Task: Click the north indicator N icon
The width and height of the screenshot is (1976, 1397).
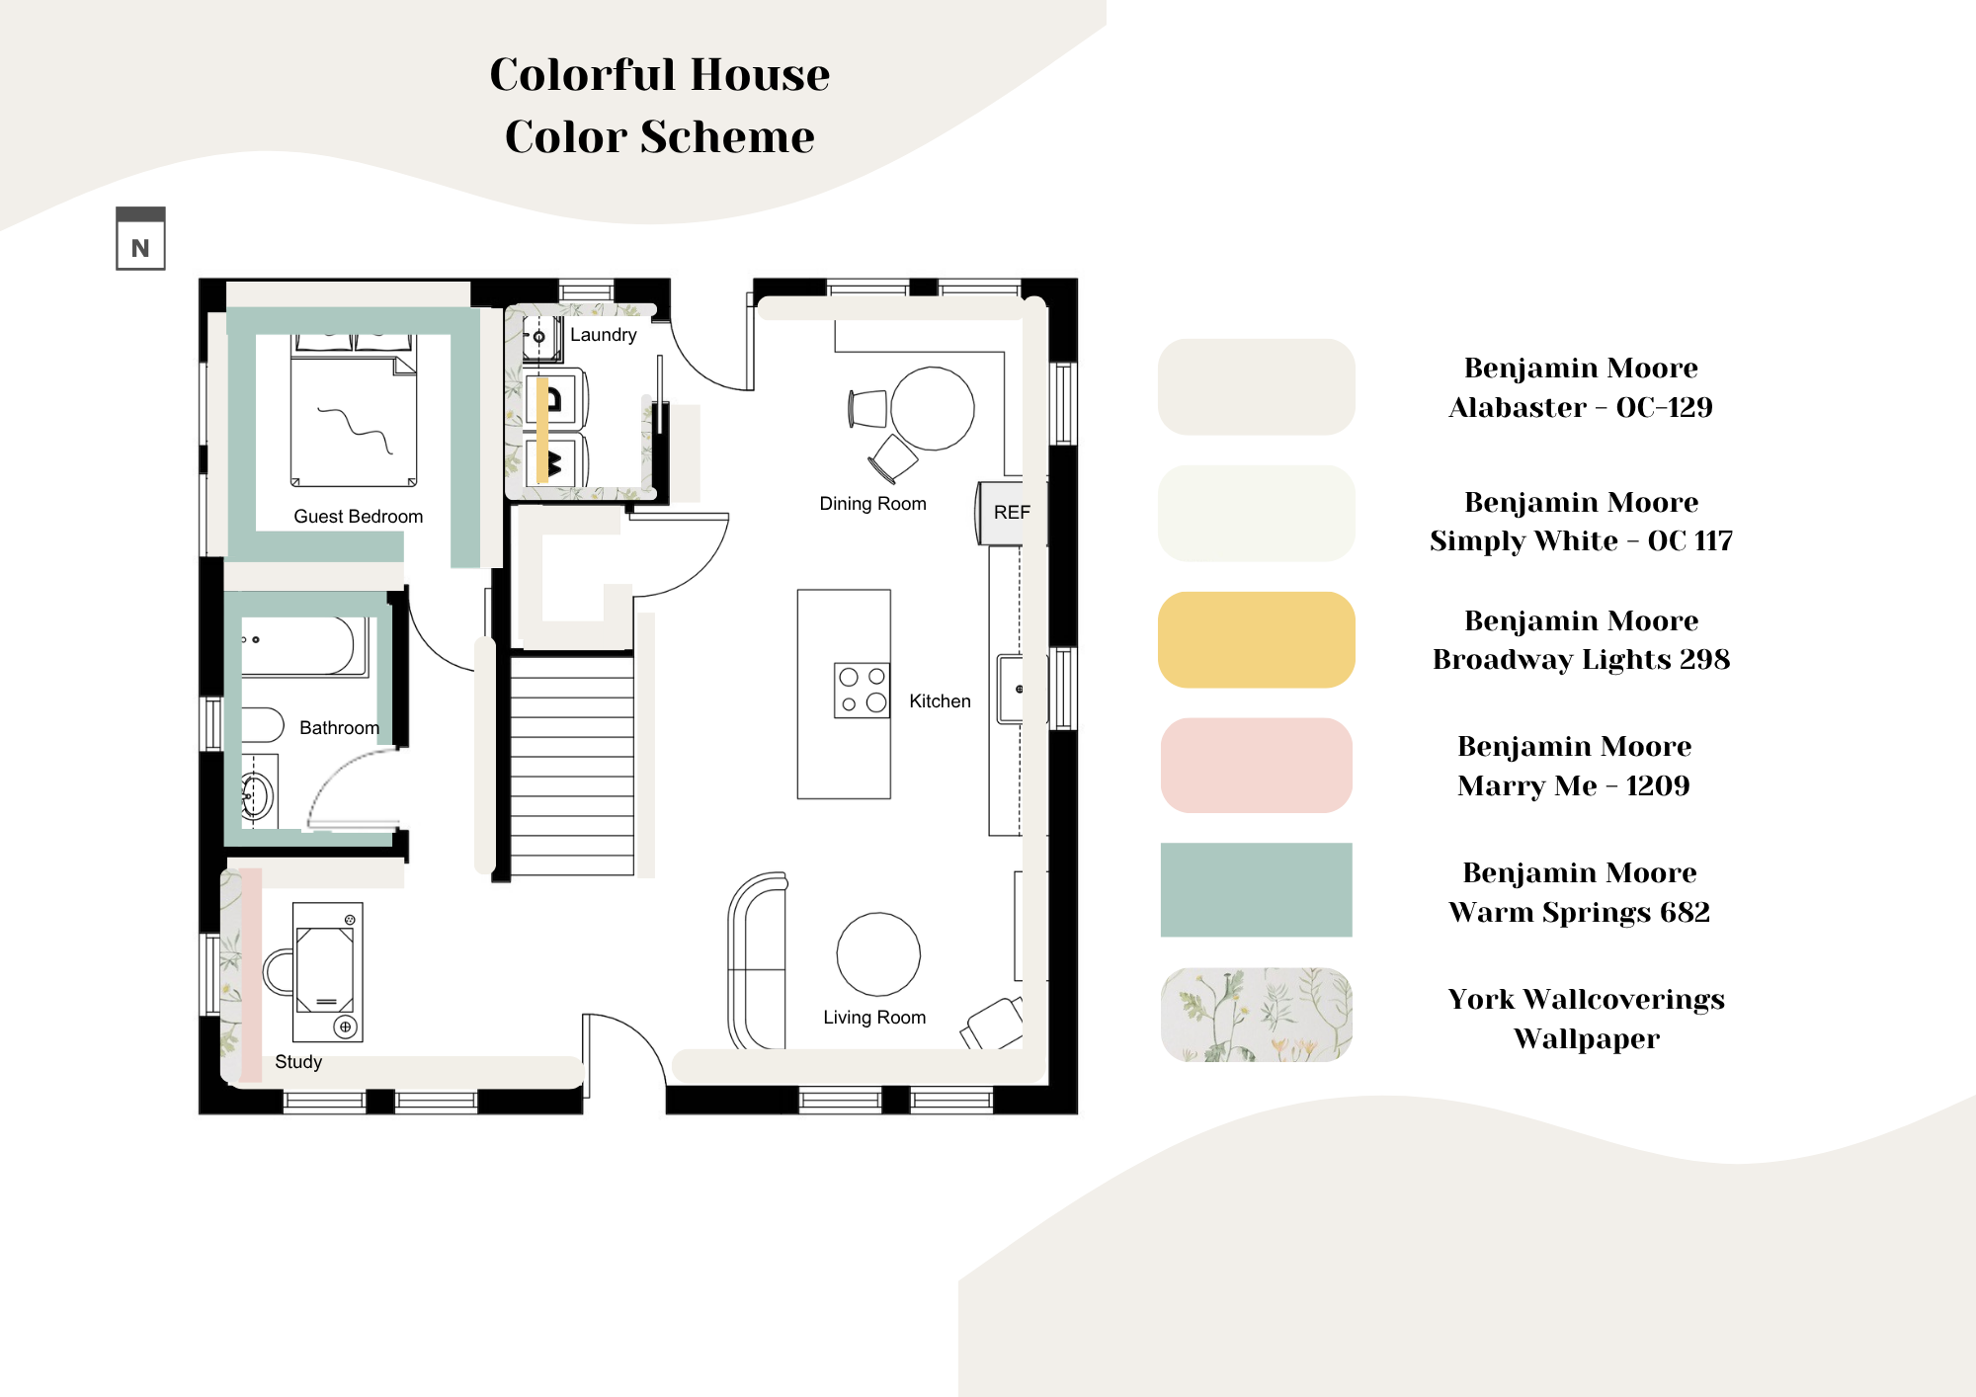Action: point(140,238)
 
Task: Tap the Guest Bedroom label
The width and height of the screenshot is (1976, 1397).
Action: point(358,516)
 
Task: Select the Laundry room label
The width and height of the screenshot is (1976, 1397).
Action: point(603,335)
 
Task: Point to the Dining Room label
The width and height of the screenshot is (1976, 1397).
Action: point(872,504)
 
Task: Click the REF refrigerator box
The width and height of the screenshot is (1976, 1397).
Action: point(1011,513)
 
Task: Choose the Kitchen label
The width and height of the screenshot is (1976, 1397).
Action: point(940,701)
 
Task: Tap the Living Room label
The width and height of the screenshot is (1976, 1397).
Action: point(874,1018)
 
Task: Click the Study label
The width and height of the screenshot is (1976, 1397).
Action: point(298,1062)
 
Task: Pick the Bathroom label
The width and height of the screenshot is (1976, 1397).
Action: point(339,728)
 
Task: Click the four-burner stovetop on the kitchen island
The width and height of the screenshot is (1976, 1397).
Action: point(862,690)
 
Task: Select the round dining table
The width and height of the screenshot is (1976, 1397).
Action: point(933,409)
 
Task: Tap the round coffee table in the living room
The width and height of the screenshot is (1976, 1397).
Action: point(878,954)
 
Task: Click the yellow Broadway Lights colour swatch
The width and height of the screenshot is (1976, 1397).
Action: point(1256,640)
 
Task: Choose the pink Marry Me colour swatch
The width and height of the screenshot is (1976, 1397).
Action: point(1256,766)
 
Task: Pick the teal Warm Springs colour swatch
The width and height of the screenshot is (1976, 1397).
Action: point(1256,890)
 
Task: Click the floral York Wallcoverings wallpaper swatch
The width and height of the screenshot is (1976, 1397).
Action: point(1256,1015)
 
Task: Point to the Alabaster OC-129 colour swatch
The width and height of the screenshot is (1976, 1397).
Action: point(1256,387)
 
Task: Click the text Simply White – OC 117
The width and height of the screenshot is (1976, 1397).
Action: point(1581,541)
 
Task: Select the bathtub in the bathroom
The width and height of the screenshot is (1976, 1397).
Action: point(304,647)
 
